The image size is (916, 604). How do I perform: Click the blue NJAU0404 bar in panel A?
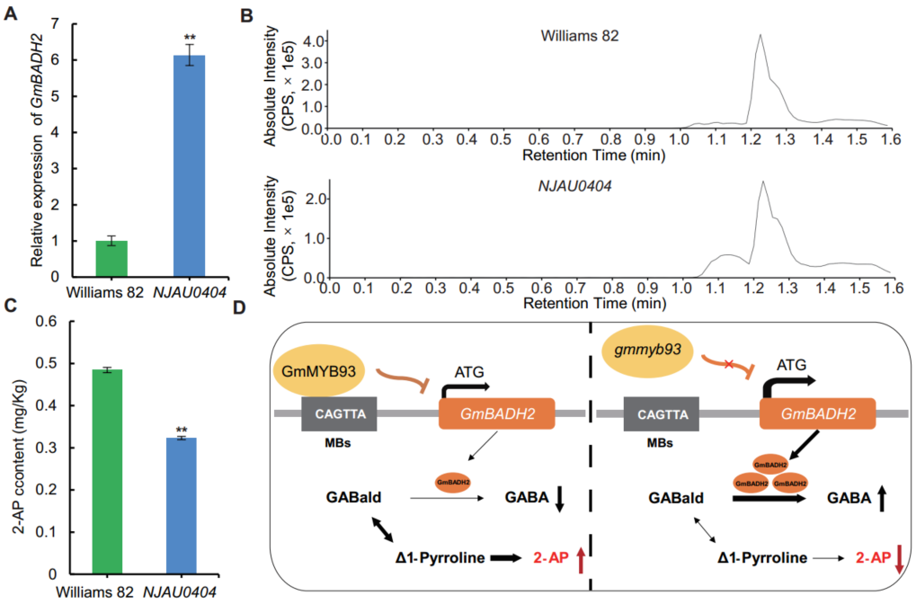click(190, 166)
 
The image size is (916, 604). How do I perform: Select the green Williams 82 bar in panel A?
click(111, 259)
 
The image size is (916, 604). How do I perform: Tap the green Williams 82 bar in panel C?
click(108, 471)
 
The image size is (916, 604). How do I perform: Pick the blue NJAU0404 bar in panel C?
click(181, 506)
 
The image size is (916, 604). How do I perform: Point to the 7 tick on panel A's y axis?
click(55, 24)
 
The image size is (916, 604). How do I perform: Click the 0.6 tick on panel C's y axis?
click(46, 321)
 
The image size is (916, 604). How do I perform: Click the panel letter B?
click(247, 16)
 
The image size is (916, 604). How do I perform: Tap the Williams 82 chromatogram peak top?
click(760, 34)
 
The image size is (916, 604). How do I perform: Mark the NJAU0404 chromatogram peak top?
click(763, 182)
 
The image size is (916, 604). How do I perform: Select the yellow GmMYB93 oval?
click(318, 371)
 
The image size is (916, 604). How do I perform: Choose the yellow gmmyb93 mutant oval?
click(647, 351)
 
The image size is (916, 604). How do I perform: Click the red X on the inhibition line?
click(728, 365)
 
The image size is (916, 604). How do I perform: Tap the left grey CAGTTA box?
click(339, 414)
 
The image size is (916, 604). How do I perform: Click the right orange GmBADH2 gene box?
click(817, 413)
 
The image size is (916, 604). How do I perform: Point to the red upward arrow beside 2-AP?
click(581, 560)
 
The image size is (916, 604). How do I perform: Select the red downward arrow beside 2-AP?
click(899, 559)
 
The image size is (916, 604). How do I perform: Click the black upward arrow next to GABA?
click(882, 499)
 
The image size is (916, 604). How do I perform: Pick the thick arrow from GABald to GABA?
click(769, 499)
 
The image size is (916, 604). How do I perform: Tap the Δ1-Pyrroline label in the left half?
click(440, 558)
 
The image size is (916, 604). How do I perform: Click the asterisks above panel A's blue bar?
click(190, 38)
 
